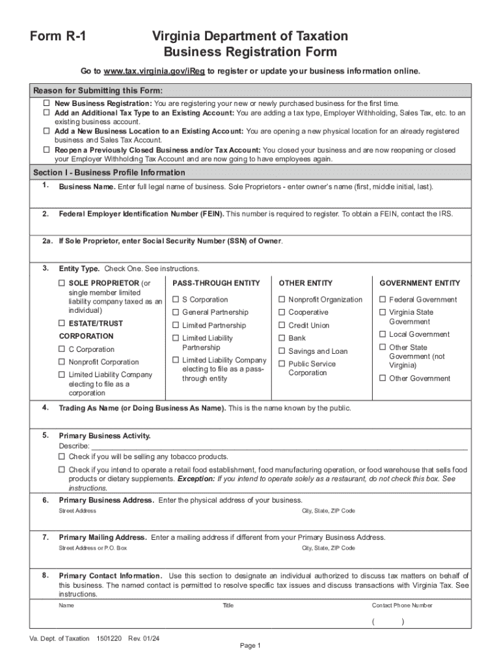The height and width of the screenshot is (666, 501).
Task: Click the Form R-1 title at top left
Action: point(57,37)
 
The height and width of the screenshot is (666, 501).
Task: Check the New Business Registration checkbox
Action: point(47,103)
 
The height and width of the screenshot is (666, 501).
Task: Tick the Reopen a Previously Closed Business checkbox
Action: point(47,150)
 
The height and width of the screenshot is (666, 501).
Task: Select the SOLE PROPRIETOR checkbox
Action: point(62,284)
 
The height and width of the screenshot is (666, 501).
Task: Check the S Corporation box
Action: point(176,300)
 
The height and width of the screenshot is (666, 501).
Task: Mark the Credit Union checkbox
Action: point(282,325)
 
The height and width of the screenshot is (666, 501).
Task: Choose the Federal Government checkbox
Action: point(383,300)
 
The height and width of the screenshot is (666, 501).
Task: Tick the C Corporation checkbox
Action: point(62,349)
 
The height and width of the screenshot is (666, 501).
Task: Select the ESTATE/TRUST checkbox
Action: point(62,323)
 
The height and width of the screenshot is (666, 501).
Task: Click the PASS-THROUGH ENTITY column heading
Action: point(216,284)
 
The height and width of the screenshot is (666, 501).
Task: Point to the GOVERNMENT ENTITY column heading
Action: point(420,284)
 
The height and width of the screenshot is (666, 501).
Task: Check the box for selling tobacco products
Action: point(62,457)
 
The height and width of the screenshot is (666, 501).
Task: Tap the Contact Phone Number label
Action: point(401,606)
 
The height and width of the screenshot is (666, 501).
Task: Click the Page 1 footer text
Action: point(251,646)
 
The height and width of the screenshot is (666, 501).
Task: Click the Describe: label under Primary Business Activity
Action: point(74,446)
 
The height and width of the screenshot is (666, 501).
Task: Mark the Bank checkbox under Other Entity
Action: point(282,338)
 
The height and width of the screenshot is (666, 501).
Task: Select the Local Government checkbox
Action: point(383,334)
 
